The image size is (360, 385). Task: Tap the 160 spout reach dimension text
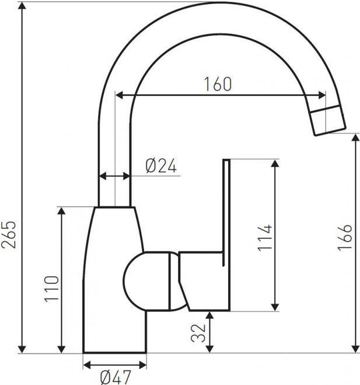[218, 84]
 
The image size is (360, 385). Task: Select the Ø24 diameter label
[161, 165]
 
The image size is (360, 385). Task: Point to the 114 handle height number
[265, 238]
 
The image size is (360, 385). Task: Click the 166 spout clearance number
[345, 238]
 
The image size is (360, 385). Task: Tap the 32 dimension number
[198, 333]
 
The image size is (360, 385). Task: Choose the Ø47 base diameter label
[116, 377]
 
